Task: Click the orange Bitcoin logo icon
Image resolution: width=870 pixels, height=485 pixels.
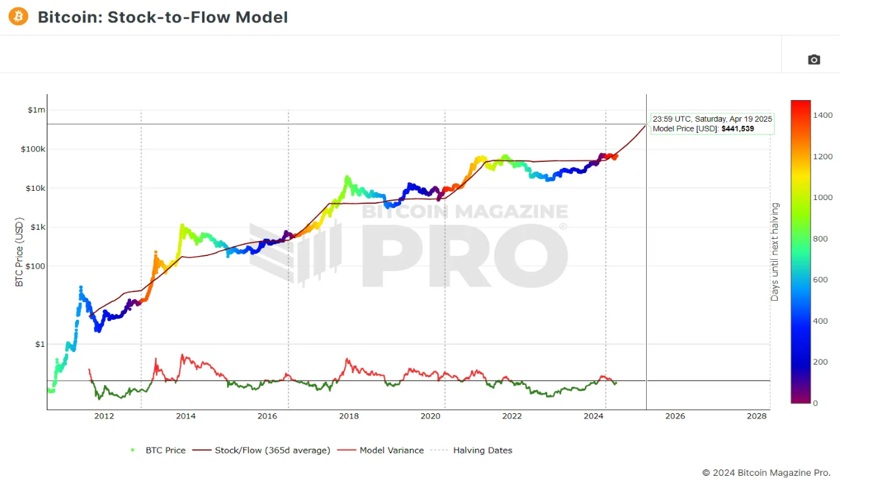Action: [x=18, y=16]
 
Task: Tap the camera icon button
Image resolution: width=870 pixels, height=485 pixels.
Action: [x=814, y=60]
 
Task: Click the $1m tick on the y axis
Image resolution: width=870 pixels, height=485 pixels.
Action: [x=36, y=110]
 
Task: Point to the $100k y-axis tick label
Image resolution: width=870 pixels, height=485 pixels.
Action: [x=34, y=149]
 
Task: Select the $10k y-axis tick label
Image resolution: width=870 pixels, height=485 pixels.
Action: [x=35, y=188]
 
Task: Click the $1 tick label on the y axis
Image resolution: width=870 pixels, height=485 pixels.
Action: [x=40, y=344]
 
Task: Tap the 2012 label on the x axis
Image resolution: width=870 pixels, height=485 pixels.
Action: [x=104, y=416]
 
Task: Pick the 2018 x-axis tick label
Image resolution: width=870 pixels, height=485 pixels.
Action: [x=349, y=416]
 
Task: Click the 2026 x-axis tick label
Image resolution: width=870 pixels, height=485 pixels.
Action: [x=675, y=416]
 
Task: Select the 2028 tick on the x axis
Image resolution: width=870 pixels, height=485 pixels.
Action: [x=757, y=416]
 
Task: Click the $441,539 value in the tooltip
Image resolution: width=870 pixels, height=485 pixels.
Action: [x=738, y=129]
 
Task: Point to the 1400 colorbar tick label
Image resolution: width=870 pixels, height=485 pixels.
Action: [x=823, y=115]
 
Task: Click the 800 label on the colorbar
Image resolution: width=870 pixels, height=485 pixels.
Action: [x=820, y=239]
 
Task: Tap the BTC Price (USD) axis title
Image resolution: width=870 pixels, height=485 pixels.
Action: [x=19, y=251]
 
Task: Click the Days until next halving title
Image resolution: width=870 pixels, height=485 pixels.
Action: [x=775, y=252]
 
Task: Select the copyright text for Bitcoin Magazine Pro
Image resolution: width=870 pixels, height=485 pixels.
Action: [x=766, y=472]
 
